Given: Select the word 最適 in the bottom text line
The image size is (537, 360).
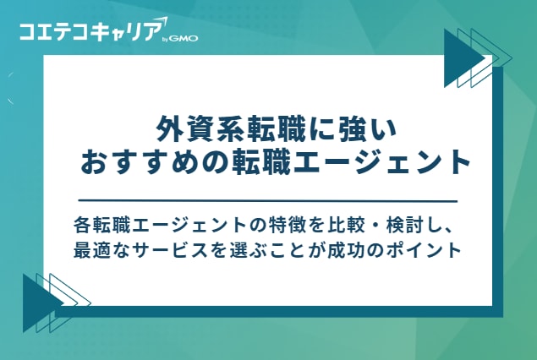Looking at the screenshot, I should [x=92, y=251].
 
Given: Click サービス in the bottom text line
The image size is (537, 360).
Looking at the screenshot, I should [x=167, y=251].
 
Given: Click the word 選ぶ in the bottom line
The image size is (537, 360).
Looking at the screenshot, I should [x=239, y=251].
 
